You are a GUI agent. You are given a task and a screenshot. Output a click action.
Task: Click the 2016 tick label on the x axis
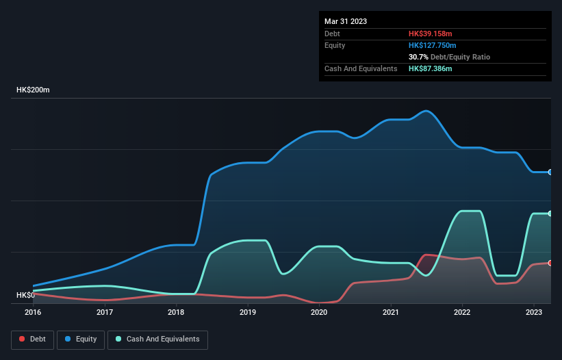(x=33, y=312)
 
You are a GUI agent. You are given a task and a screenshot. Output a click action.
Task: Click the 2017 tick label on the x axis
(x=105, y=312)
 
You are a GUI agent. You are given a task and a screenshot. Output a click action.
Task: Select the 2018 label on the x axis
(x=176, y=312)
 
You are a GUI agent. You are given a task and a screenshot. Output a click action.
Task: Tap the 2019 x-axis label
(x=248, y=312)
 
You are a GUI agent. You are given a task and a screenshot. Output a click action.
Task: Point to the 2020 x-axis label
(x=319, y=312)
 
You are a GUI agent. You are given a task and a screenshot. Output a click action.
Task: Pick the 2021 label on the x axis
(x=391, y=312)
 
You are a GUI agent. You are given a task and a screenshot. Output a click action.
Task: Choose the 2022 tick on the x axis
(x=462, y=312)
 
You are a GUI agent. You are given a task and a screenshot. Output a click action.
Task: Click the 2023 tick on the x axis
(x=533, y=312)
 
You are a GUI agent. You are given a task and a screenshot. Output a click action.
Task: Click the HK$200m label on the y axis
(x=34, y=90)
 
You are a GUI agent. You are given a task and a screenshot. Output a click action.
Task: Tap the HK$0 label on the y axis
(x=26, y=295)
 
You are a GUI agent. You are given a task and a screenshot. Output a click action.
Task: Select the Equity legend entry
(x=81, y=339)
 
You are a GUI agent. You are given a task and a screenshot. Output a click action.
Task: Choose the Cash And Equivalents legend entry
(x=157, y=339)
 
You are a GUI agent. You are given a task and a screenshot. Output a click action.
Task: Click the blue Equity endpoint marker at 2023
(x=550, y=172)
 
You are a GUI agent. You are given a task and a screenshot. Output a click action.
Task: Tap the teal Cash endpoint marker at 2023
(x=550, y=214)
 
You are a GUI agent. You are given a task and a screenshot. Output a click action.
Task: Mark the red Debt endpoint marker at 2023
(x=550, y=263)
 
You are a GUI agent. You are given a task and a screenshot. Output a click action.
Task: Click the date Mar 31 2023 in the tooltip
(x=346, y=21)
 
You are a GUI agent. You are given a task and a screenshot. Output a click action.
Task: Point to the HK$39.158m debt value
(x=431, y=34)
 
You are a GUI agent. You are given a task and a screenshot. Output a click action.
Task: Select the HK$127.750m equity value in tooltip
(x=433, y=45)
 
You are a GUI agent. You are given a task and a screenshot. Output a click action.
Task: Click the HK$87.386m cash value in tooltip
(x=431, y=69)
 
